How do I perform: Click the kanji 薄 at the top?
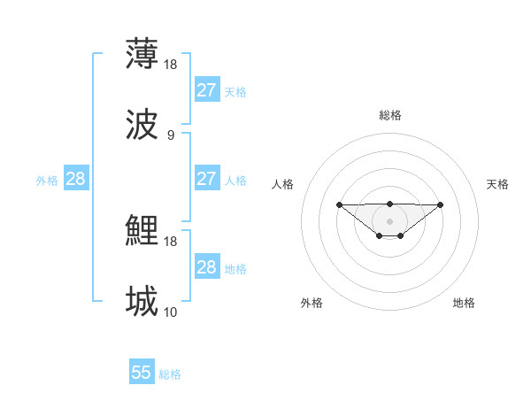tap(142, 54)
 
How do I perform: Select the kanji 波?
tap(142, 125)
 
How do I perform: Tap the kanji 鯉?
tap(142, 231)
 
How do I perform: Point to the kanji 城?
tap(142, 302)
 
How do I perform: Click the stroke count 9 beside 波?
tap(170, 135)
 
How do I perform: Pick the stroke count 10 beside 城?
tap(171, 312)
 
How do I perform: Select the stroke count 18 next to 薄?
tap(171, 64)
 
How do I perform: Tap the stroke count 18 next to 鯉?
tap(171, 241)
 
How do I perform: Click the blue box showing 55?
tap(142, 373)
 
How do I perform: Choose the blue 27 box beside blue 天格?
tap(207, 89)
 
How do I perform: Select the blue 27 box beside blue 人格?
tap(207, 178)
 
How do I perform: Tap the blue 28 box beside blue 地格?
tap(207, 266)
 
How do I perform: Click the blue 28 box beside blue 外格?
tap(76, 179)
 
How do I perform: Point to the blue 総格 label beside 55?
tap(170, 374)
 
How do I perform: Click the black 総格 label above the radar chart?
tap(389, 115)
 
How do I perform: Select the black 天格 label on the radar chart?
tap(498, 184)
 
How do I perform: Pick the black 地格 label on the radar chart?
tap(464, 303)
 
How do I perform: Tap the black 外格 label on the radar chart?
tap(312, 303)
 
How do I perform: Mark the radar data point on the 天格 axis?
tap(441, 204)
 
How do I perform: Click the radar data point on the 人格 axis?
tap(339, 204)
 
